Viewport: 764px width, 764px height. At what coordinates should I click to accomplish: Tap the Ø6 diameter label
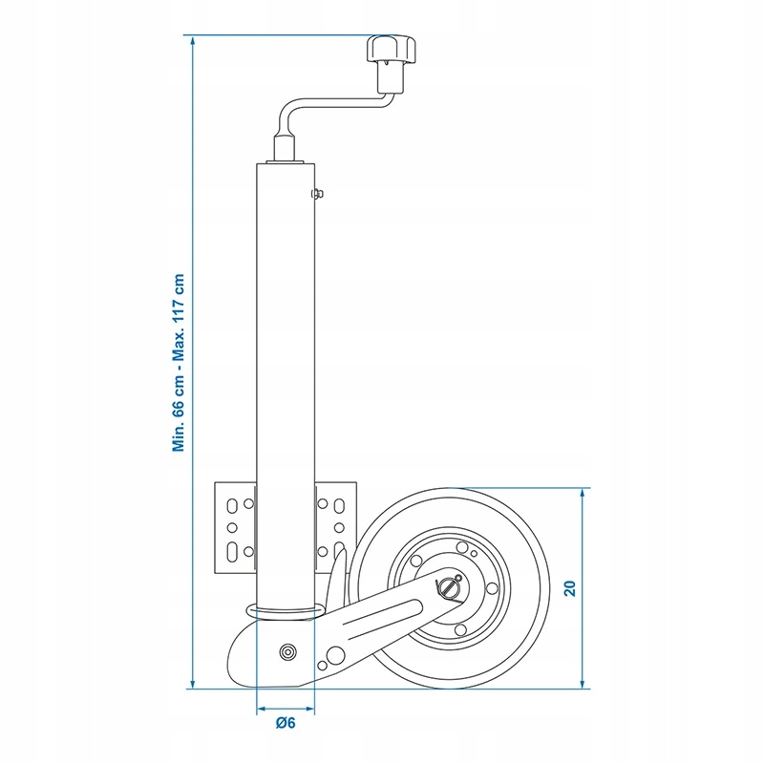pos(286,723)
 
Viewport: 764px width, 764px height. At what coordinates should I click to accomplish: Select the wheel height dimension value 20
pos(569,588)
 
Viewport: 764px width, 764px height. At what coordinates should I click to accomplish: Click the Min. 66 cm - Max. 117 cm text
pos(179,363)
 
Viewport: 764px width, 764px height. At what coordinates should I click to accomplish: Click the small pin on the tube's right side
pos(317,194)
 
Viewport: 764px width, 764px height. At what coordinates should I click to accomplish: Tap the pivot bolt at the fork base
pos(287,652)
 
